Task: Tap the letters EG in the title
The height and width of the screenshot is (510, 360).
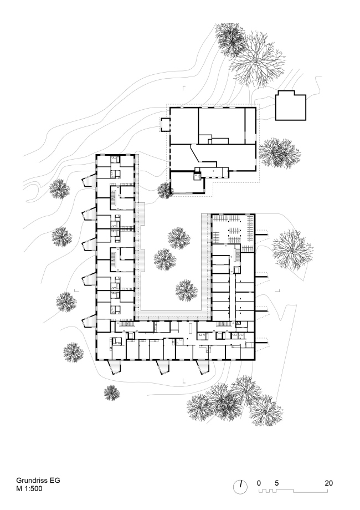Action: click(55, 481)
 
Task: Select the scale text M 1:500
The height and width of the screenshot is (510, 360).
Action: click(29, 488)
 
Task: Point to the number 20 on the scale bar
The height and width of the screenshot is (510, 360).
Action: click(329, 483)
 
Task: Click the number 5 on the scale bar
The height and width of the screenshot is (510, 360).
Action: click(276, 483)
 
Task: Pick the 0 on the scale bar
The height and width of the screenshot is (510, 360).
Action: click(259, 483)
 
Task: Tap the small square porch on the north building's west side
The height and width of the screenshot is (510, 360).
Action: click(165, 125)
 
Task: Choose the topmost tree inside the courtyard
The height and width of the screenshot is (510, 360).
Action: click(179, 238)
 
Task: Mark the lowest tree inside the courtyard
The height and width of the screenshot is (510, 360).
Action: click(186, 290)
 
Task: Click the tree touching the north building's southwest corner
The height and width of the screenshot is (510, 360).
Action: click(164, 191)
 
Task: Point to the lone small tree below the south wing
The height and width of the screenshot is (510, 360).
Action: click(112, 393)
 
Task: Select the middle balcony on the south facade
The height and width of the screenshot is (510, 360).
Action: click(163, 366)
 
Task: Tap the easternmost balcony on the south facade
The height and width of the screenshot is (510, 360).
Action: click(202, 366)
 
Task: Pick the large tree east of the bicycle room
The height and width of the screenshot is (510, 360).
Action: click(292, 249)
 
